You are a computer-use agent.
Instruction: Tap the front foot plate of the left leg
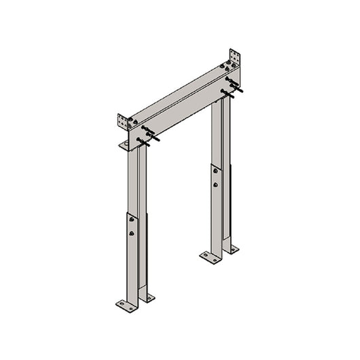126,305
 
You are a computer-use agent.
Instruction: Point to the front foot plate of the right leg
210,257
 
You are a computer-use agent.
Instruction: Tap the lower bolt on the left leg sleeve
132,233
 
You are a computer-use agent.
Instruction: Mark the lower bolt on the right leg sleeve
215,184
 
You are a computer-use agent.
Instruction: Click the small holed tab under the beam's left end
124,145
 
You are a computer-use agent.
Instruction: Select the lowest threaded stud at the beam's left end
143,142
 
